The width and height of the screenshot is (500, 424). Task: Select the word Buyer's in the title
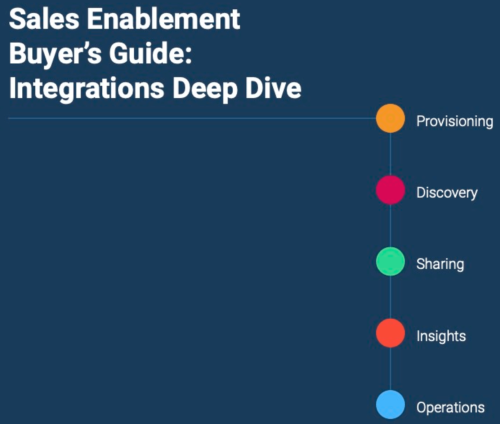click(x=55, y=54)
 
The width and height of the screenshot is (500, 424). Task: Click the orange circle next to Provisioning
click(x=390, y=118)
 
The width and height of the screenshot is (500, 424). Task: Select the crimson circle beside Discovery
click(x=390, y=190)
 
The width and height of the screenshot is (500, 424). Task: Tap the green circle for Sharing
click(x=390, y=261)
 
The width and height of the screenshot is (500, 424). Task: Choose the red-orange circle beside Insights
click(x=390, y=333)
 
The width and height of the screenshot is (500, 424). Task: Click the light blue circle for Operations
click(x=390, y=405)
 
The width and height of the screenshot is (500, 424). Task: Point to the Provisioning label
click(x=455, y=122)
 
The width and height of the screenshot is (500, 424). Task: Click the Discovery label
click(x=447, y=193)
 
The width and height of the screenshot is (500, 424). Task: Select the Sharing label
click(x=440, y=264)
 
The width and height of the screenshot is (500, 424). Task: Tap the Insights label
click(x=441, y=336)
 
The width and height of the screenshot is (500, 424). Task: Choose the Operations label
click(x=450, y=407)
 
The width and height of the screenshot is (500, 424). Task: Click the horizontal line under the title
click(x=192, y=118)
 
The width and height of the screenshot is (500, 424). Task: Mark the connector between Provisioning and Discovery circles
click(x=390, y=154)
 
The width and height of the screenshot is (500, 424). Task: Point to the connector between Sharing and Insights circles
click(x=390, y=297)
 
